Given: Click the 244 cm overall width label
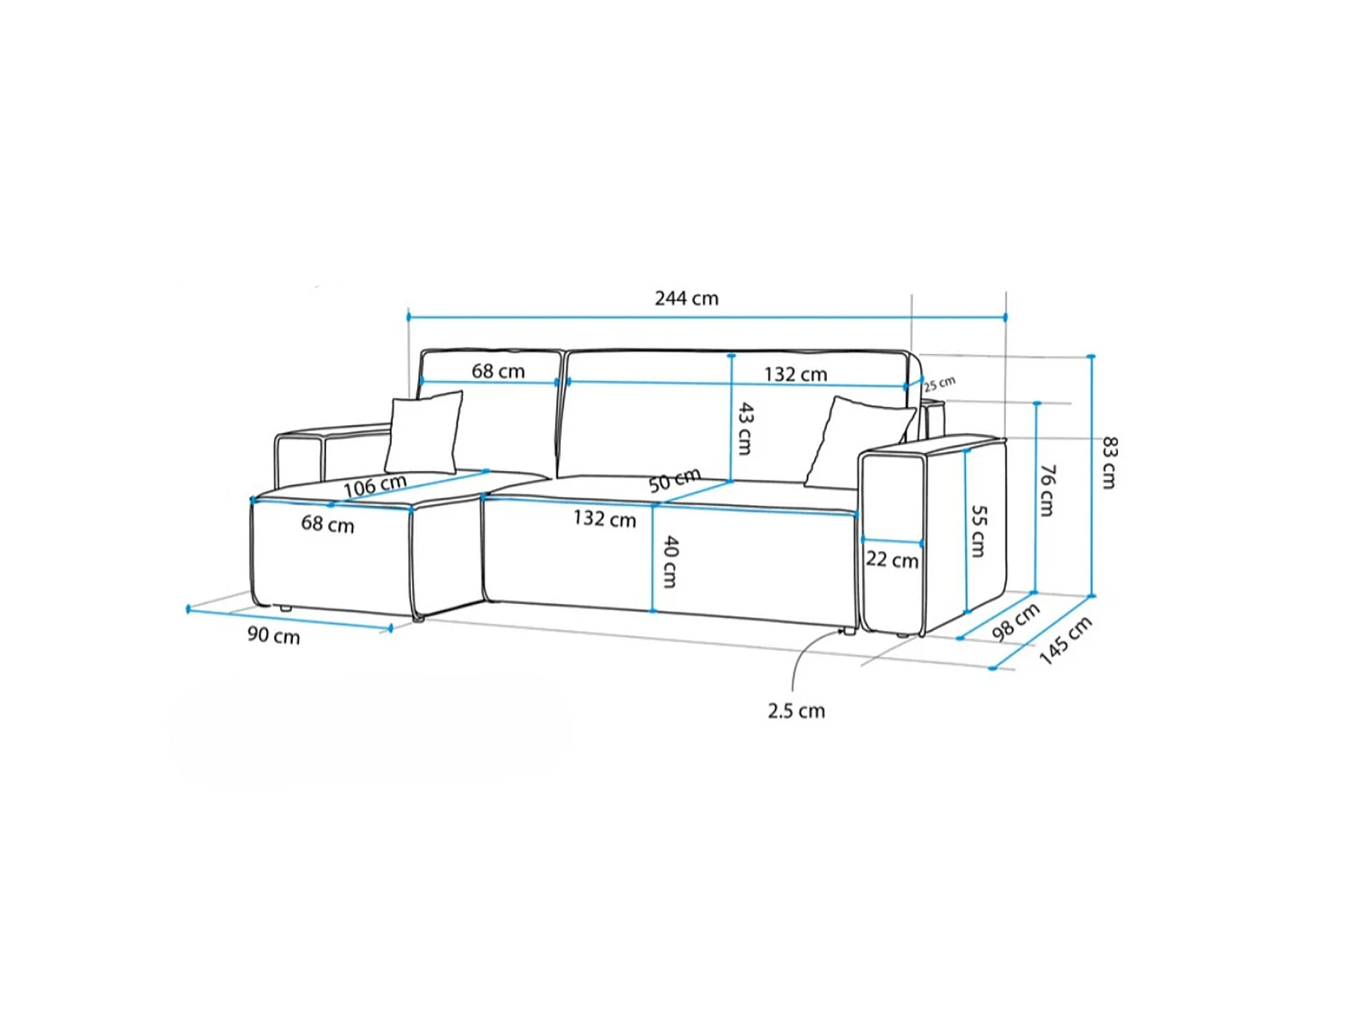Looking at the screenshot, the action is [x=686, y=298].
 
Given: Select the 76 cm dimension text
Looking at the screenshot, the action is [x=1048, y=491].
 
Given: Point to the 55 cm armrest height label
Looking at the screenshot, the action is [x=979, y=531].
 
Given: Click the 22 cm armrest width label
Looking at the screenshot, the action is [x=891, y=560].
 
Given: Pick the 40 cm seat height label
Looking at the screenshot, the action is [x=670, y=562].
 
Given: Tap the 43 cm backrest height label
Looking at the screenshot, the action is [x=744, y=429].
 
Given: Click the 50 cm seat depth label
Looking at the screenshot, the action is [x=674, y=480].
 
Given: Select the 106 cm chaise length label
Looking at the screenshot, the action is [x=375, y=486].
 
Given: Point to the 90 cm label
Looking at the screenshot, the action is [x=273, y=635].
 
